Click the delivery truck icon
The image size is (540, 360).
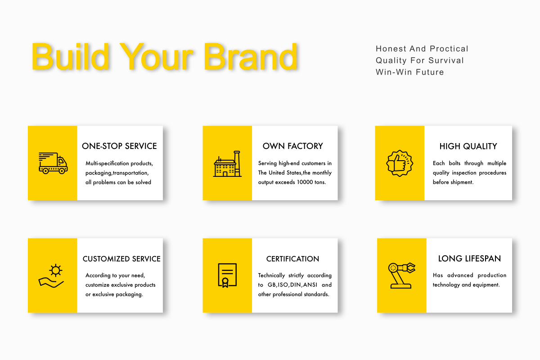click(53, 163)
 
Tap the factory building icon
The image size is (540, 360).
click(227, 164)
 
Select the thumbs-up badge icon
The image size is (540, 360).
click(400, 163)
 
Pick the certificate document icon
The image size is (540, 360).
click(227, 275)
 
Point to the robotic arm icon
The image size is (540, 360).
click(401, 275)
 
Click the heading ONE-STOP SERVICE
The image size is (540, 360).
click(119, 146)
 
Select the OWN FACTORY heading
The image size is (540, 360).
click(292, 146)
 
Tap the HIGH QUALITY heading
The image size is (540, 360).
click(468, 146)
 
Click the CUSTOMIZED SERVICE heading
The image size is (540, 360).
click(121, 259)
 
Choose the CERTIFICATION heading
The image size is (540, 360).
click(292, 259)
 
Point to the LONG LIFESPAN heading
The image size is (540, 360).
click(469, 258)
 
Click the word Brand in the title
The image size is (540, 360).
click(251, 57)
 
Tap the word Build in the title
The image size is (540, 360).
click(70, 57)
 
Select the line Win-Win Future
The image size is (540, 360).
click(409, 72)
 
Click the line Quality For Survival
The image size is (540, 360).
click(420, 60)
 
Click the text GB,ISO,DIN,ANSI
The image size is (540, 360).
click(292, 285)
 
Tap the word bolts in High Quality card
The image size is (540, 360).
click(454, 163)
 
